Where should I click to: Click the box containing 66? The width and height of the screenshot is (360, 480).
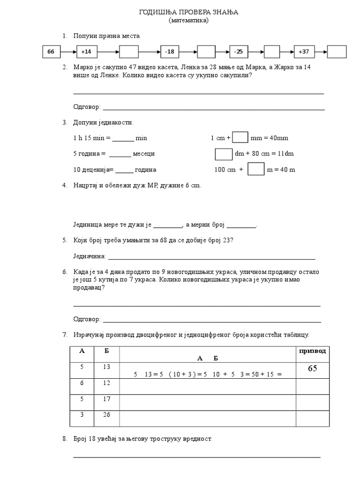(x=51, y=52)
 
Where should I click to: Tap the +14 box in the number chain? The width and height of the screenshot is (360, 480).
(x=86, y=52)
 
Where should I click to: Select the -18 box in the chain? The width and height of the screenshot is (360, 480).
(x=169, y=52)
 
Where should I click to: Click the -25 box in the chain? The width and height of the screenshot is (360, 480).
(x=239, y=52)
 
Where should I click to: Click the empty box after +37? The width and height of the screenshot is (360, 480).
(x=337, y=52)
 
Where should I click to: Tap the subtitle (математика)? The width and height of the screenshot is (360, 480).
(x=189, y=20)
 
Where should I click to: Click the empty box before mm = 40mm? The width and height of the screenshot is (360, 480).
(x=240, y=137)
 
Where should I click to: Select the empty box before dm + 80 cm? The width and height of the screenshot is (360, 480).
(x=223, y=154)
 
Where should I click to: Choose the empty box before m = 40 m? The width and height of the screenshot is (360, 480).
(x=256, y=169)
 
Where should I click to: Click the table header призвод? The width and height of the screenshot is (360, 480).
(x=312, y=351)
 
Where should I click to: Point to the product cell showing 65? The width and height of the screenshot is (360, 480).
(x=312, y=369)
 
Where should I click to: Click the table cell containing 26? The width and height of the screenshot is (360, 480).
(x=107, y=415)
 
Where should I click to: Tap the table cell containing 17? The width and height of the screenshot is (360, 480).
(x=107, y=399)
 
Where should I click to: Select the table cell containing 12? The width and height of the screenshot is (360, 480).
(x=107, y=383)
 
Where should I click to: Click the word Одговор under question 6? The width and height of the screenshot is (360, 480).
(x=87, y=319)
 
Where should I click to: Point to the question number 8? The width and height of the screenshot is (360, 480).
(x=65, y=439)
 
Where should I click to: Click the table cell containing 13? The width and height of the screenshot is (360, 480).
(x=107, y=367)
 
